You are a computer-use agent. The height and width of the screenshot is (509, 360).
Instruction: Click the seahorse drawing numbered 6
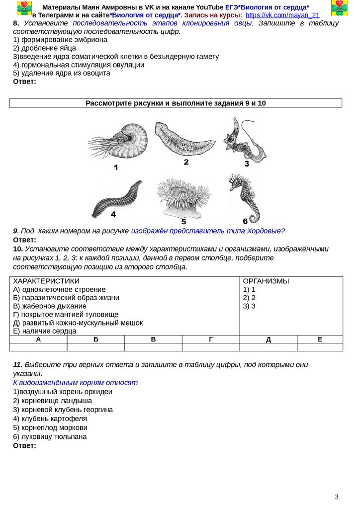(x=244, y=197)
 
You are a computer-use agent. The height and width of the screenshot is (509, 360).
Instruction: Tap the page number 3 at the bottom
(x=337, y=497)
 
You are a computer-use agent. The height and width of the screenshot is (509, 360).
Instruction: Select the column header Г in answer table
(x=211, y=339)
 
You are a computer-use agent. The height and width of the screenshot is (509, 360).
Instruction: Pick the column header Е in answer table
(x=320, y=339)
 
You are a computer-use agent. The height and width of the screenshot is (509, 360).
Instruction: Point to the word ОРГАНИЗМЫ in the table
(x=266, y=281)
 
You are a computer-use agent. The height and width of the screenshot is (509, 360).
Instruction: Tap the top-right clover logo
(x=340, y=8)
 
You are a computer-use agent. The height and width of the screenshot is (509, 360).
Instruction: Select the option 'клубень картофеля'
(x=50, y=419)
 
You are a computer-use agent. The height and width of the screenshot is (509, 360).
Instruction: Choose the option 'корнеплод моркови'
(x=50, y=427)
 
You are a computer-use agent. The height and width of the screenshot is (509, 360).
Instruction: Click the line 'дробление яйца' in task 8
(x=45, y=48)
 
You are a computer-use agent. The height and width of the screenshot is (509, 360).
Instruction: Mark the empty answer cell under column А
(x=38, y=347)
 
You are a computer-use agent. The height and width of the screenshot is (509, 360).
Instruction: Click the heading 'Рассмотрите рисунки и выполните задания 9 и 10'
(x=176, y=103)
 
